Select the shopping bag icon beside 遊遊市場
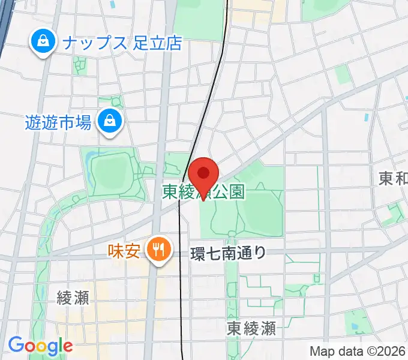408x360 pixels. coord(110,121)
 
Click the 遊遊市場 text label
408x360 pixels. coord(58,122)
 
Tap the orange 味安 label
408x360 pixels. coord(125,249)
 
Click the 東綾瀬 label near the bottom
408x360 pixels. coord(251,328)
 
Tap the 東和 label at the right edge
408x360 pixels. coord(394,178)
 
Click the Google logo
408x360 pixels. coord(40,346)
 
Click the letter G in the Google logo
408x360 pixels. coord(16,345)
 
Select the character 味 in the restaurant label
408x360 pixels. coord(116,249)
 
